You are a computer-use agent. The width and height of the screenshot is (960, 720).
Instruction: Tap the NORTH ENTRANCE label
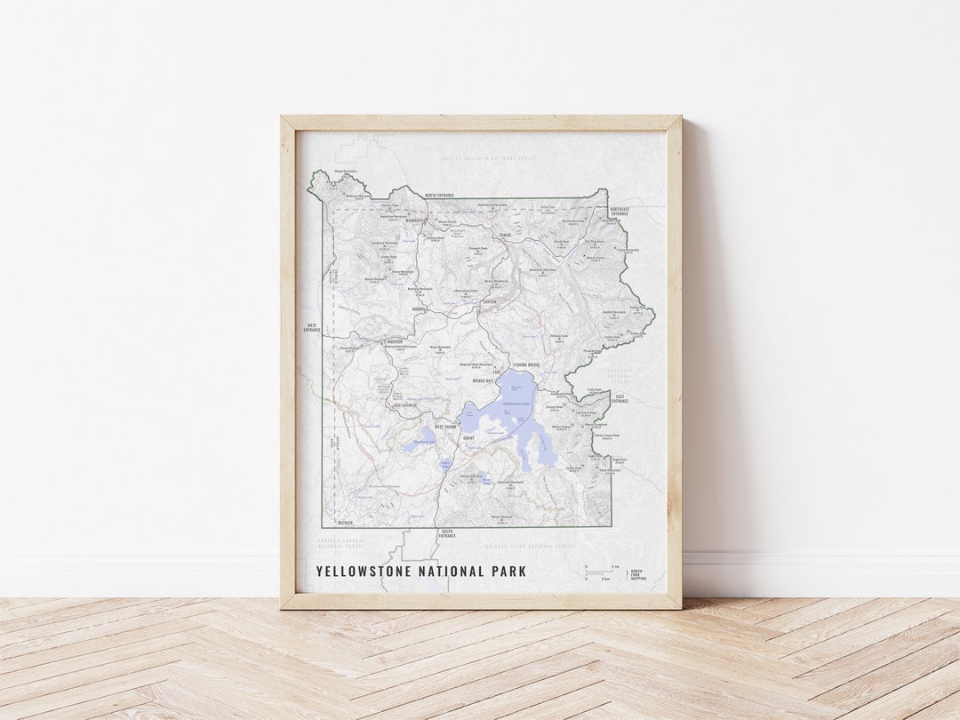point(439,195)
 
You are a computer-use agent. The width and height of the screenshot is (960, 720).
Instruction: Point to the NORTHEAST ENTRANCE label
point(620,212)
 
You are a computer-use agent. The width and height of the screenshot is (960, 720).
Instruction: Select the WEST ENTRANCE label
point(312,328)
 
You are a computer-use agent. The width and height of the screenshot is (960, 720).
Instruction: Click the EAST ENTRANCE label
point(620,399)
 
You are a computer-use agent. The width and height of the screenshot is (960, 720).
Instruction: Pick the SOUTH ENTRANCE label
point(446,534)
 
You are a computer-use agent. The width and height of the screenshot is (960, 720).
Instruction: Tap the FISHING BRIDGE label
point(526,365)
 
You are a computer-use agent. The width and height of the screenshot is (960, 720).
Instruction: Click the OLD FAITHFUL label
point(404,406)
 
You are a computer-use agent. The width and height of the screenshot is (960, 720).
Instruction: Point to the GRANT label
point(468,438)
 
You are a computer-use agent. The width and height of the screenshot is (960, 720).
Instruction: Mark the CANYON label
point(490,302)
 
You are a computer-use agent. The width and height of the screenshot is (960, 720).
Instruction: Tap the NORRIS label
point(419,309)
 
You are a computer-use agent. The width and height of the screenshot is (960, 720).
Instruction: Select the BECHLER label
point(345,524)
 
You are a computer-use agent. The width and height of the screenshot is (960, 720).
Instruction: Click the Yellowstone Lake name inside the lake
point(515,404)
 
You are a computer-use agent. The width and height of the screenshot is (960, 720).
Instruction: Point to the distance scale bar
point(601,569)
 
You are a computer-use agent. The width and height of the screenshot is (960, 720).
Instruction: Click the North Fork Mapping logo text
point(637,574)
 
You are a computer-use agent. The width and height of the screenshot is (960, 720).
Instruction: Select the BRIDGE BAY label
point(483,380)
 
